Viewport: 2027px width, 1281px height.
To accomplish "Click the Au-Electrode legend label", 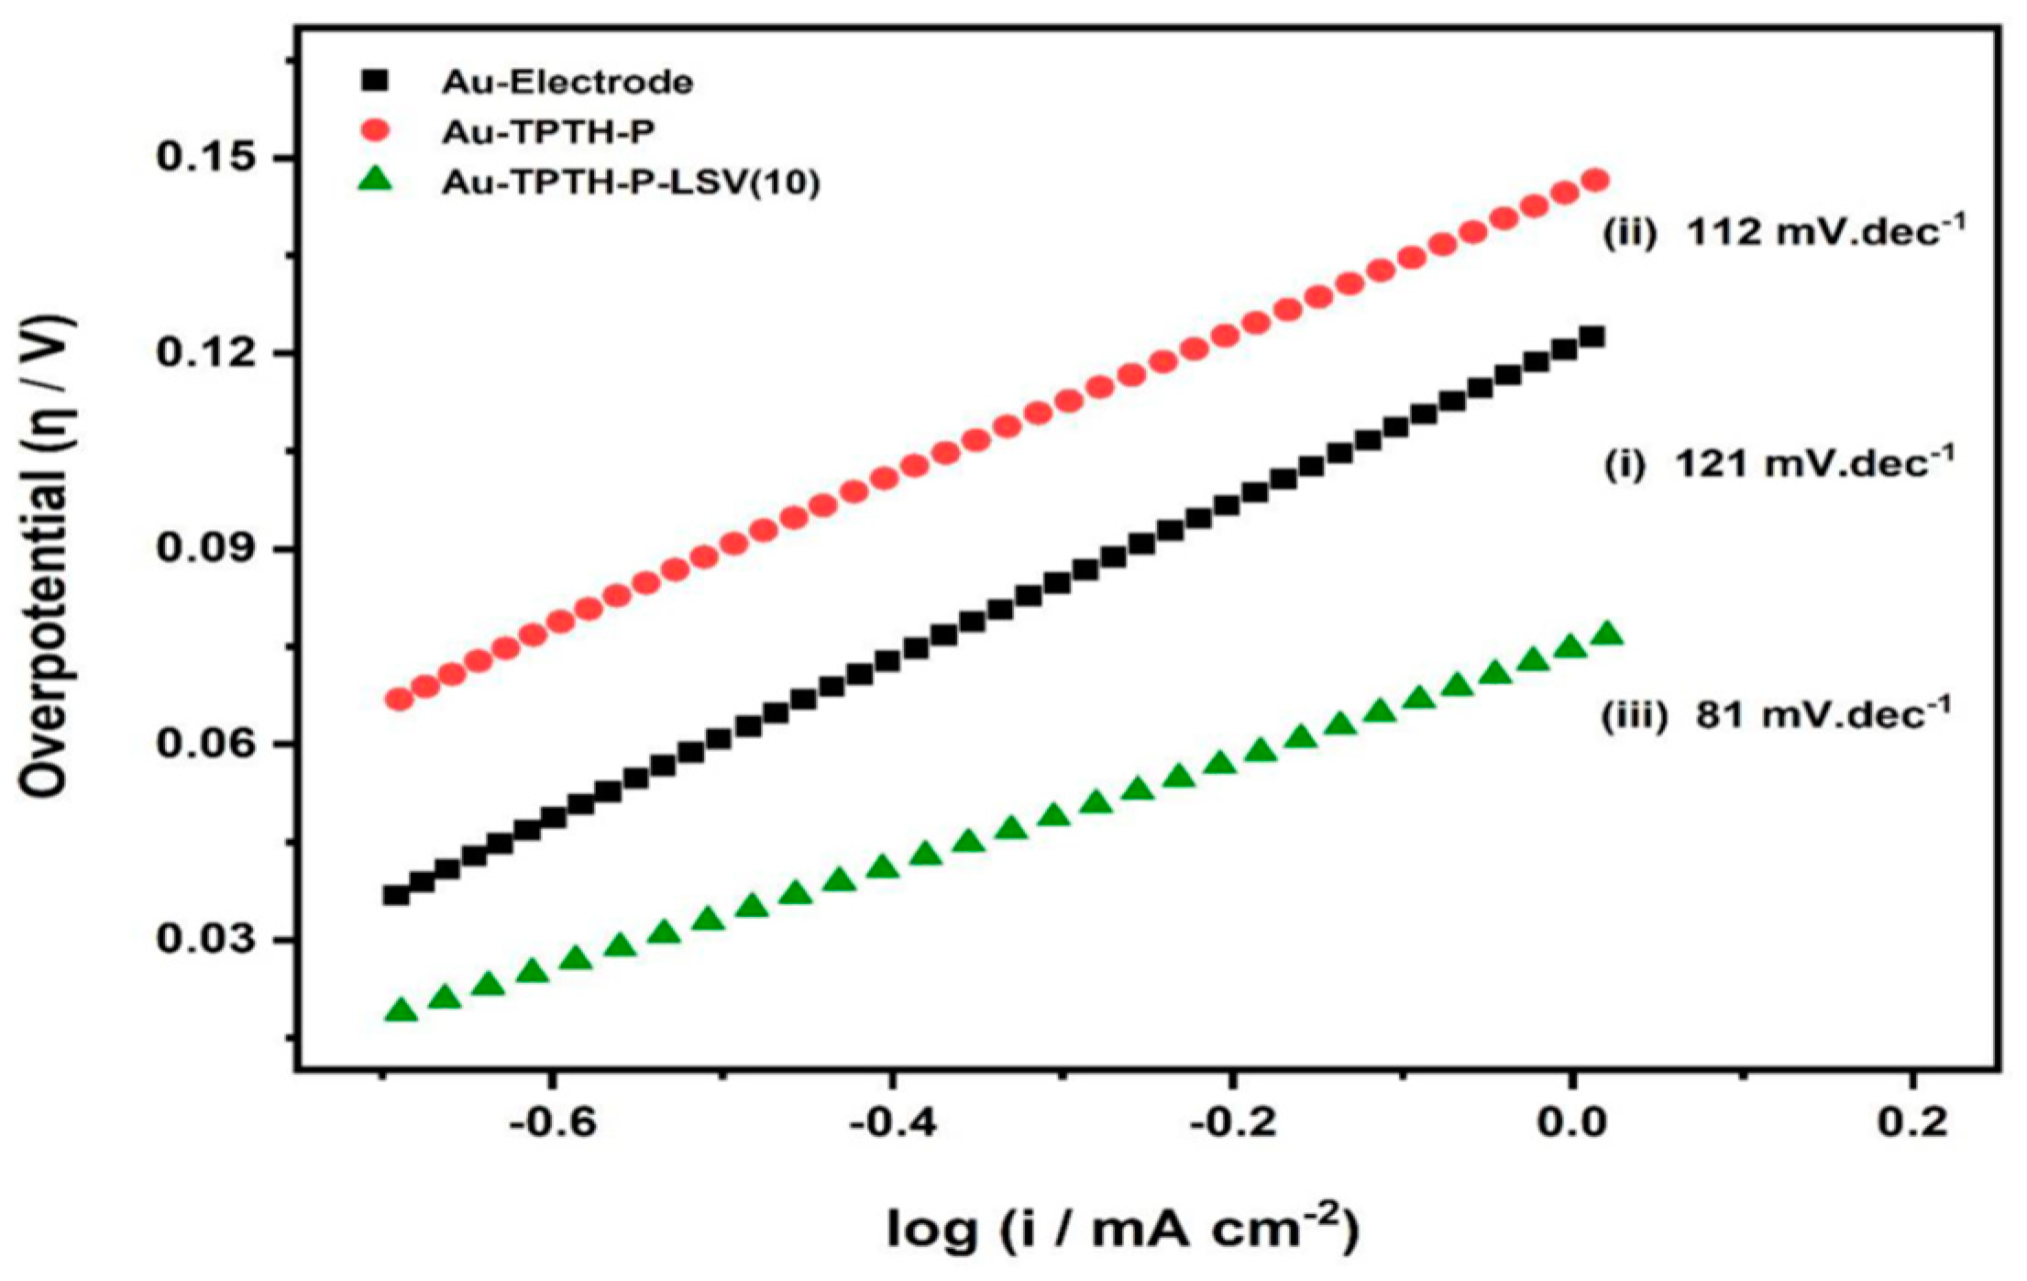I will pyautogui.click(x=567, y=83).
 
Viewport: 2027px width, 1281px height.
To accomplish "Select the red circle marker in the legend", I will pyautogui.click(x=375, y=131).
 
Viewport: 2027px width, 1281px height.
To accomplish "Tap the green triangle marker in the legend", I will pyautogui.click(x=375, y=181).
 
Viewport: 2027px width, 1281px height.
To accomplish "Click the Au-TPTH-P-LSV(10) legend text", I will pyautogui.click(x=630, y=182).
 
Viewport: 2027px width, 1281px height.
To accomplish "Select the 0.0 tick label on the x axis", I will pyautogui.click(x=1571, y=1123).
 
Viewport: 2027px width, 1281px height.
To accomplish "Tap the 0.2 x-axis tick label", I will pyautogui.click(x=1911, y=1123).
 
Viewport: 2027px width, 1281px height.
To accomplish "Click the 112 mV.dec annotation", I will pyautogui.click(x=1783, y=231).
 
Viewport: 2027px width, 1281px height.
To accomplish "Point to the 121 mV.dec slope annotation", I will pyautogui.click(x=1779, y=463).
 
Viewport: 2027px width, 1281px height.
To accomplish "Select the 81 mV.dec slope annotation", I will pyautogui.click(x=1776, y=713).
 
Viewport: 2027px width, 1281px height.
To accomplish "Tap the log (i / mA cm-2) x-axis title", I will pyautogui.click(x=1122, y=1229).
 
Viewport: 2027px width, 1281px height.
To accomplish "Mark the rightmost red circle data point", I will pyautogui.click(x=1595, y=180).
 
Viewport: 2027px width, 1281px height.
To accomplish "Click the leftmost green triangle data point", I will pyautogui.click(x=401, y=1010).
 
